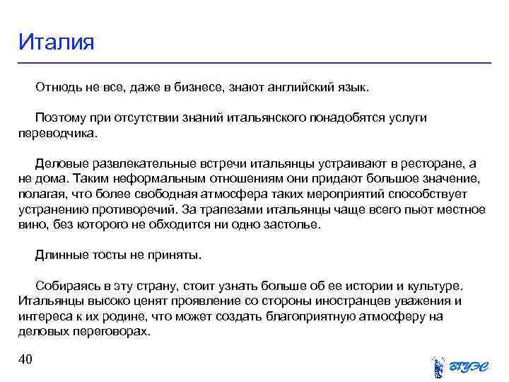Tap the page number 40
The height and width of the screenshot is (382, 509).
25,360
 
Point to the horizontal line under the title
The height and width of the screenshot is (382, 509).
255,63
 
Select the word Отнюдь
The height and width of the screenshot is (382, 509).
57,88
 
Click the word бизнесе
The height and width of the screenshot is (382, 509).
195,88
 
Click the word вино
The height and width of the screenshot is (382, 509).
30,225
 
